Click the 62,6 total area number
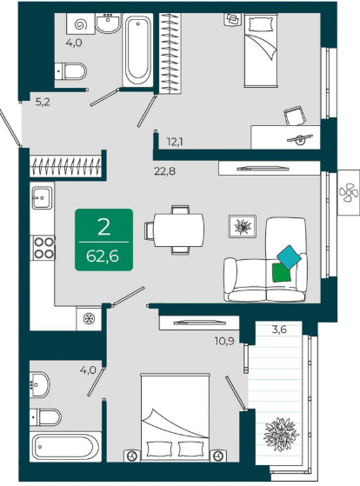(103, 256)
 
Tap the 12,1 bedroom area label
(175, 142)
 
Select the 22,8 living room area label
(164, 170)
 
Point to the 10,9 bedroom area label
(224, 342)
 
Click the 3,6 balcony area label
(279, 330)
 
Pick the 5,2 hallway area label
(43, 102)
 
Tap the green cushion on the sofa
(282, 272)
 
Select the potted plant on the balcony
(281, 434)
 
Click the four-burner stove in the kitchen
(43, 247)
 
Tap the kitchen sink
(42, 197)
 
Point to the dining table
(179, 230)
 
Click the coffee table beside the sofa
(243, 227)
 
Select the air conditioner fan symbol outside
(348, 192)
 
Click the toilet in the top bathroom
(70, 71)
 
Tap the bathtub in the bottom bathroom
(65, 446)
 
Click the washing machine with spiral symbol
(80, 23)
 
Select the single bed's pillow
(261, 23)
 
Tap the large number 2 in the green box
(103, 227)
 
